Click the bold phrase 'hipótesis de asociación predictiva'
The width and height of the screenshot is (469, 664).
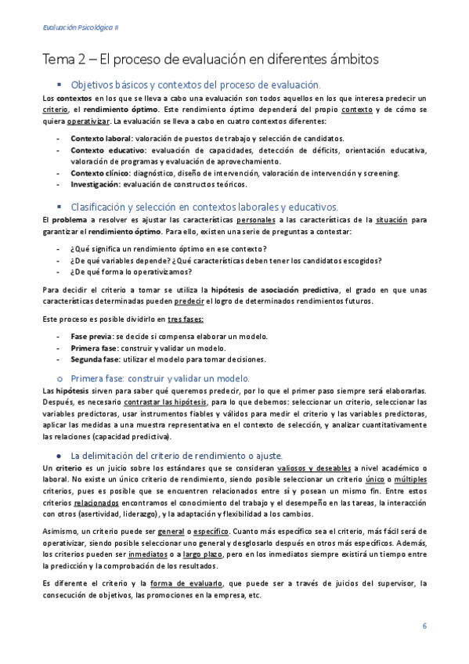[275, 290]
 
